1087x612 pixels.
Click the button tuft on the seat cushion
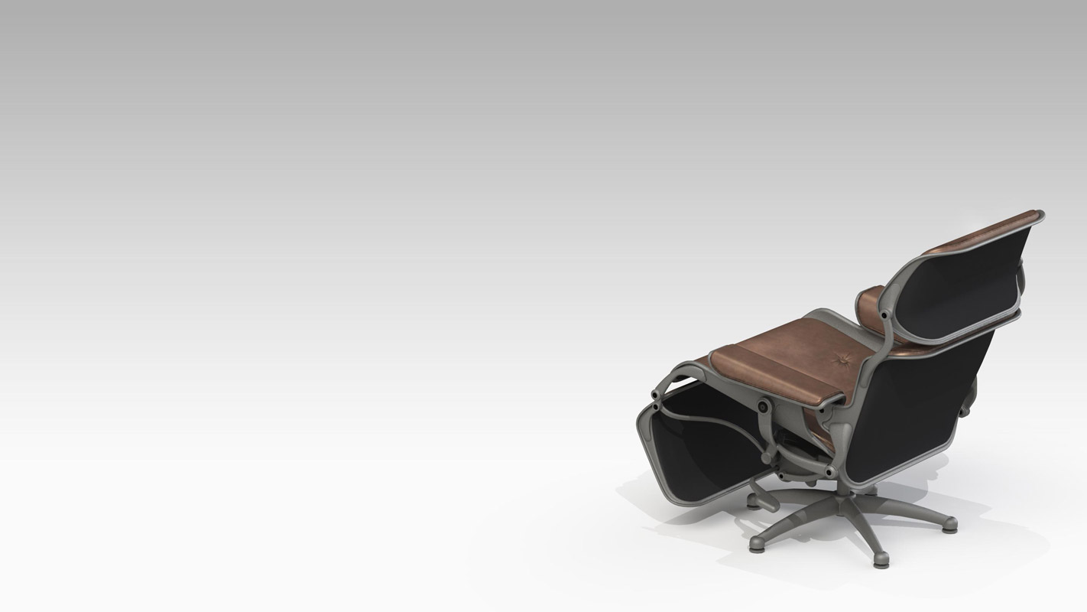842,357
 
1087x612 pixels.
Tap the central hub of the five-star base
844,503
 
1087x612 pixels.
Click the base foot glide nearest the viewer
881,559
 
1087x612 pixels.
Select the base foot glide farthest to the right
950,526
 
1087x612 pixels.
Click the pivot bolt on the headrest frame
884,314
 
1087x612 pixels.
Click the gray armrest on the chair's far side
967,397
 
